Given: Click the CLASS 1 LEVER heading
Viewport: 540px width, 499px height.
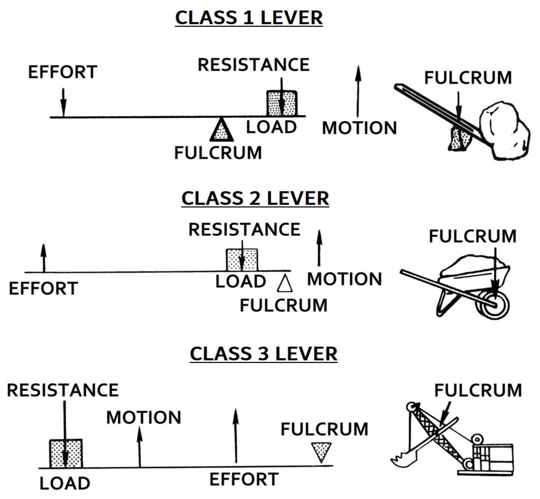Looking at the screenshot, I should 248,17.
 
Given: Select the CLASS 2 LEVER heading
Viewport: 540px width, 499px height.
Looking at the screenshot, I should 255,198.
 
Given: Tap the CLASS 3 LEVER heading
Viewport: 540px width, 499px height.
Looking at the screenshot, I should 263,353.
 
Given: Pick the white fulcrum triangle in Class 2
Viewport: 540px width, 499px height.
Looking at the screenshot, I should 285,283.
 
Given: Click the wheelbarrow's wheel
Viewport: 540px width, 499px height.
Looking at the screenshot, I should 495,305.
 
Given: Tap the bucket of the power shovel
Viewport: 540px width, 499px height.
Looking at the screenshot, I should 403,456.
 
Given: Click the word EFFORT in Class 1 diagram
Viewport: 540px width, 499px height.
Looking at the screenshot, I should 62,72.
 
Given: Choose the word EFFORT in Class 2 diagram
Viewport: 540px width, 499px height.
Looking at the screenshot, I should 43,289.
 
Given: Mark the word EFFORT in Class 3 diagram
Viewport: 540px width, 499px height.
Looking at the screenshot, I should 244,479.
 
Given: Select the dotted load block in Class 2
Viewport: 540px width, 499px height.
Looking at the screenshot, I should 242,260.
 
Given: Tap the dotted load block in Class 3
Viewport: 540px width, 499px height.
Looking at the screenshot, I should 65,453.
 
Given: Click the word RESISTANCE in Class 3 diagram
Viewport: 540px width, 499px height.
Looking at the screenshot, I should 63,390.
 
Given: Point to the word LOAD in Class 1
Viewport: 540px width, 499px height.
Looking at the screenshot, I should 271,127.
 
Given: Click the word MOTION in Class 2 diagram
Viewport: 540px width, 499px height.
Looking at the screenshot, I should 344,279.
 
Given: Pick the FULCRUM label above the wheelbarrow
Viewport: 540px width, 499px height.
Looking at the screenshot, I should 472,236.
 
